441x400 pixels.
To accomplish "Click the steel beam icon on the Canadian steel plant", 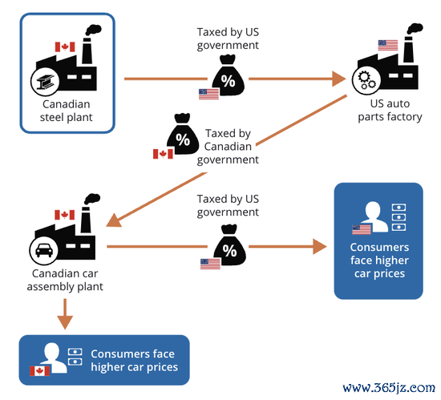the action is coord(45,82).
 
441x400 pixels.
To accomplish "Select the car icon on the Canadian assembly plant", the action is coord(44,250).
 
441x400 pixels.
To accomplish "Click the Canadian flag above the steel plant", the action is coord(65,47).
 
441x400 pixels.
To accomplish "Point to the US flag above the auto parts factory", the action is coord(388,45).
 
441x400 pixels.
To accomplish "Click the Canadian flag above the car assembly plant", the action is coord(65,215).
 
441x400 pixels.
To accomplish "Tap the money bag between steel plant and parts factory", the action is coord(228,75).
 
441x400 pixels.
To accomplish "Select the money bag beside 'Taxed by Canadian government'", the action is coord(183,134).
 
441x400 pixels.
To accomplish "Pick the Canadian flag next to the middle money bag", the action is coord(163,154).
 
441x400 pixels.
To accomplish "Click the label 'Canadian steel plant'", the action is coord(66,111).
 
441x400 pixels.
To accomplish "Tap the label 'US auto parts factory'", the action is coord(390,110).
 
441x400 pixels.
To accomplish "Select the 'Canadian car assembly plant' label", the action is coord(65,280).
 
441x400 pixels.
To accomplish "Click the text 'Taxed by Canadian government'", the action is coord(228,147).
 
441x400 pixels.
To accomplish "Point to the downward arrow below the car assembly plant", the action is coord(65,314).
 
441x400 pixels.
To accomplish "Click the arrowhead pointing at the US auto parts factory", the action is coord(339,79).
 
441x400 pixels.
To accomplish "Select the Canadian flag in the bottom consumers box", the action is coord(39,371).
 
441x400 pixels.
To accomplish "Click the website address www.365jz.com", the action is coord(389,388).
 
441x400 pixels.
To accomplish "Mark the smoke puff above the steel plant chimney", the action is coord(93,30).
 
